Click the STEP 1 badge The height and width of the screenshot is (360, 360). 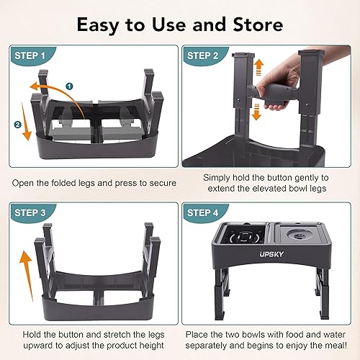pos(32,55)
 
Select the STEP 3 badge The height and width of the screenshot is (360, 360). pos(32,214)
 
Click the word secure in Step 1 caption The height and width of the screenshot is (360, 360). pos(160,183)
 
